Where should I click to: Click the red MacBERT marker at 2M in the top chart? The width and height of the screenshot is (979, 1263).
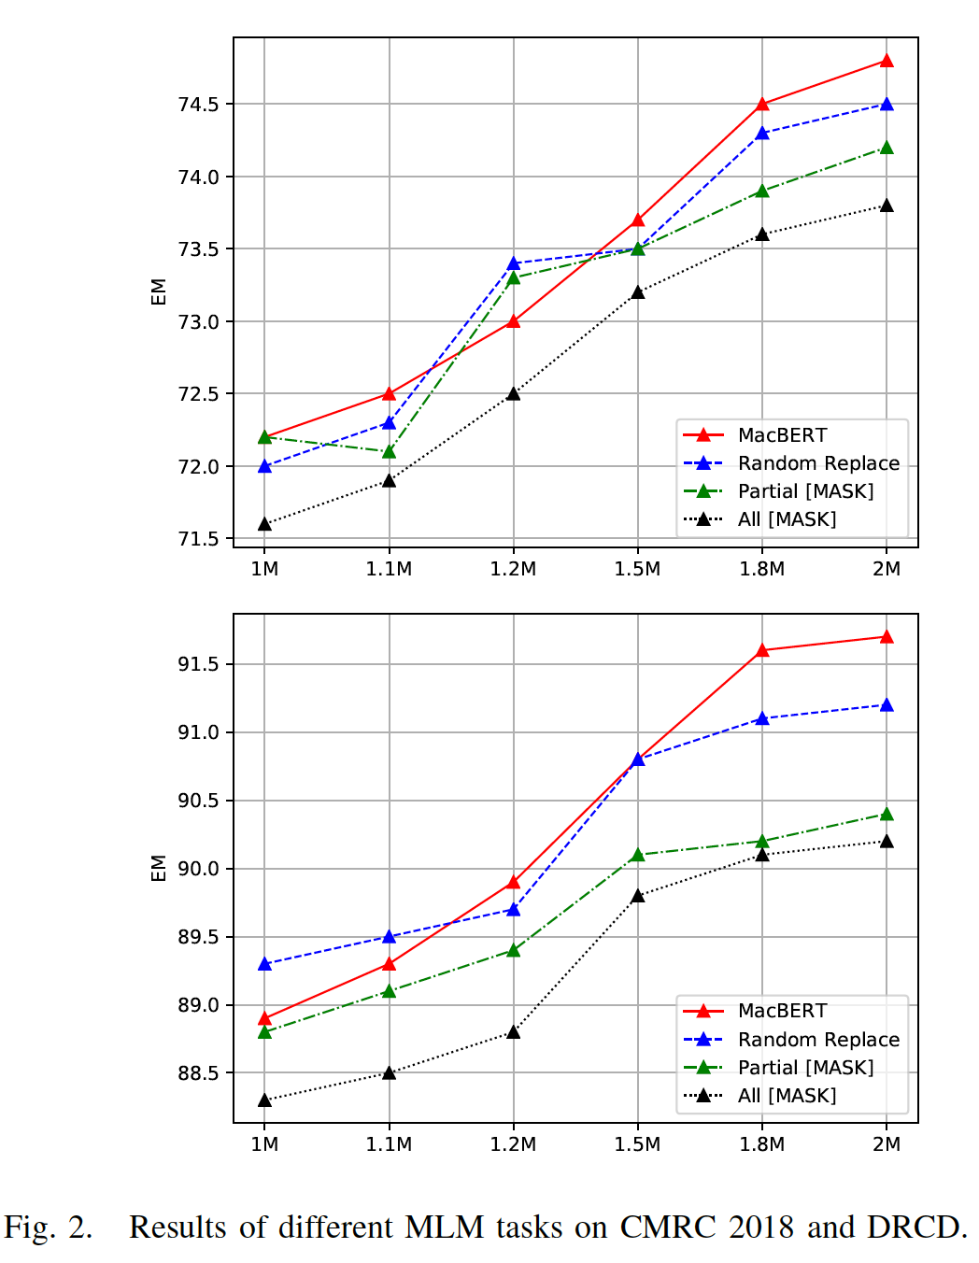[x=887, y=62]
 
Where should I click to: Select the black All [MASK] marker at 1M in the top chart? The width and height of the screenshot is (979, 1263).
[x=264, y=524]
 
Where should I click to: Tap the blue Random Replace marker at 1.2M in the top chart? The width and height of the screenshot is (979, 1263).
[x=513, y=264]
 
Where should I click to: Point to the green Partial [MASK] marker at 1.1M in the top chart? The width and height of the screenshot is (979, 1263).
[x=389, y=452]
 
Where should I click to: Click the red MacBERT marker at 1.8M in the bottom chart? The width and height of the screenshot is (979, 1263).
[x=762, y=650]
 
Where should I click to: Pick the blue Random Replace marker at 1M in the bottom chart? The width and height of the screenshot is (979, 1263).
[x=264, y=964]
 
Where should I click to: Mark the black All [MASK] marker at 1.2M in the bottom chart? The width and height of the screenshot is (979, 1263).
[x=513, y=1032]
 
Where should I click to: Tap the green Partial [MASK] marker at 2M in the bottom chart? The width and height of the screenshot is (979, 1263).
[x=887, y=815]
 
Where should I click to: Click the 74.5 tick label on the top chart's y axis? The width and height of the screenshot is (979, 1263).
[x=198, y=105]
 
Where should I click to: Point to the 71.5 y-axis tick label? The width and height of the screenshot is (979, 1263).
[x=198, y=539]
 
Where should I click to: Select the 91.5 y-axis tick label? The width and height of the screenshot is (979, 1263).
[x=198, y=664]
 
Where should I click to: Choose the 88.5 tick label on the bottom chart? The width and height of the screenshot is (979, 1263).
[x=198, y=1073]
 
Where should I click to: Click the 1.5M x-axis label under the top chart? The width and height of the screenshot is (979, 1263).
[x=637, y=569]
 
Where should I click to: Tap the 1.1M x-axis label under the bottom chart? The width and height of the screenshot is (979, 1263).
[x=389, y=1144]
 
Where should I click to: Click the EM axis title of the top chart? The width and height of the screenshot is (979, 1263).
[x=159, y=291]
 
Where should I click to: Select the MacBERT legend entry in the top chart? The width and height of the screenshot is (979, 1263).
[x=782, y=435]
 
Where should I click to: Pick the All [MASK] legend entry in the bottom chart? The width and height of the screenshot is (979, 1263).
[x=787, y=1096]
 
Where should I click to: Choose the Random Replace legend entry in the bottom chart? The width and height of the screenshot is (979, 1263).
[x=818, y=1040]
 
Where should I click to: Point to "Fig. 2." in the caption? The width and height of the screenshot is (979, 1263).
[x=49, y=1227]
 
